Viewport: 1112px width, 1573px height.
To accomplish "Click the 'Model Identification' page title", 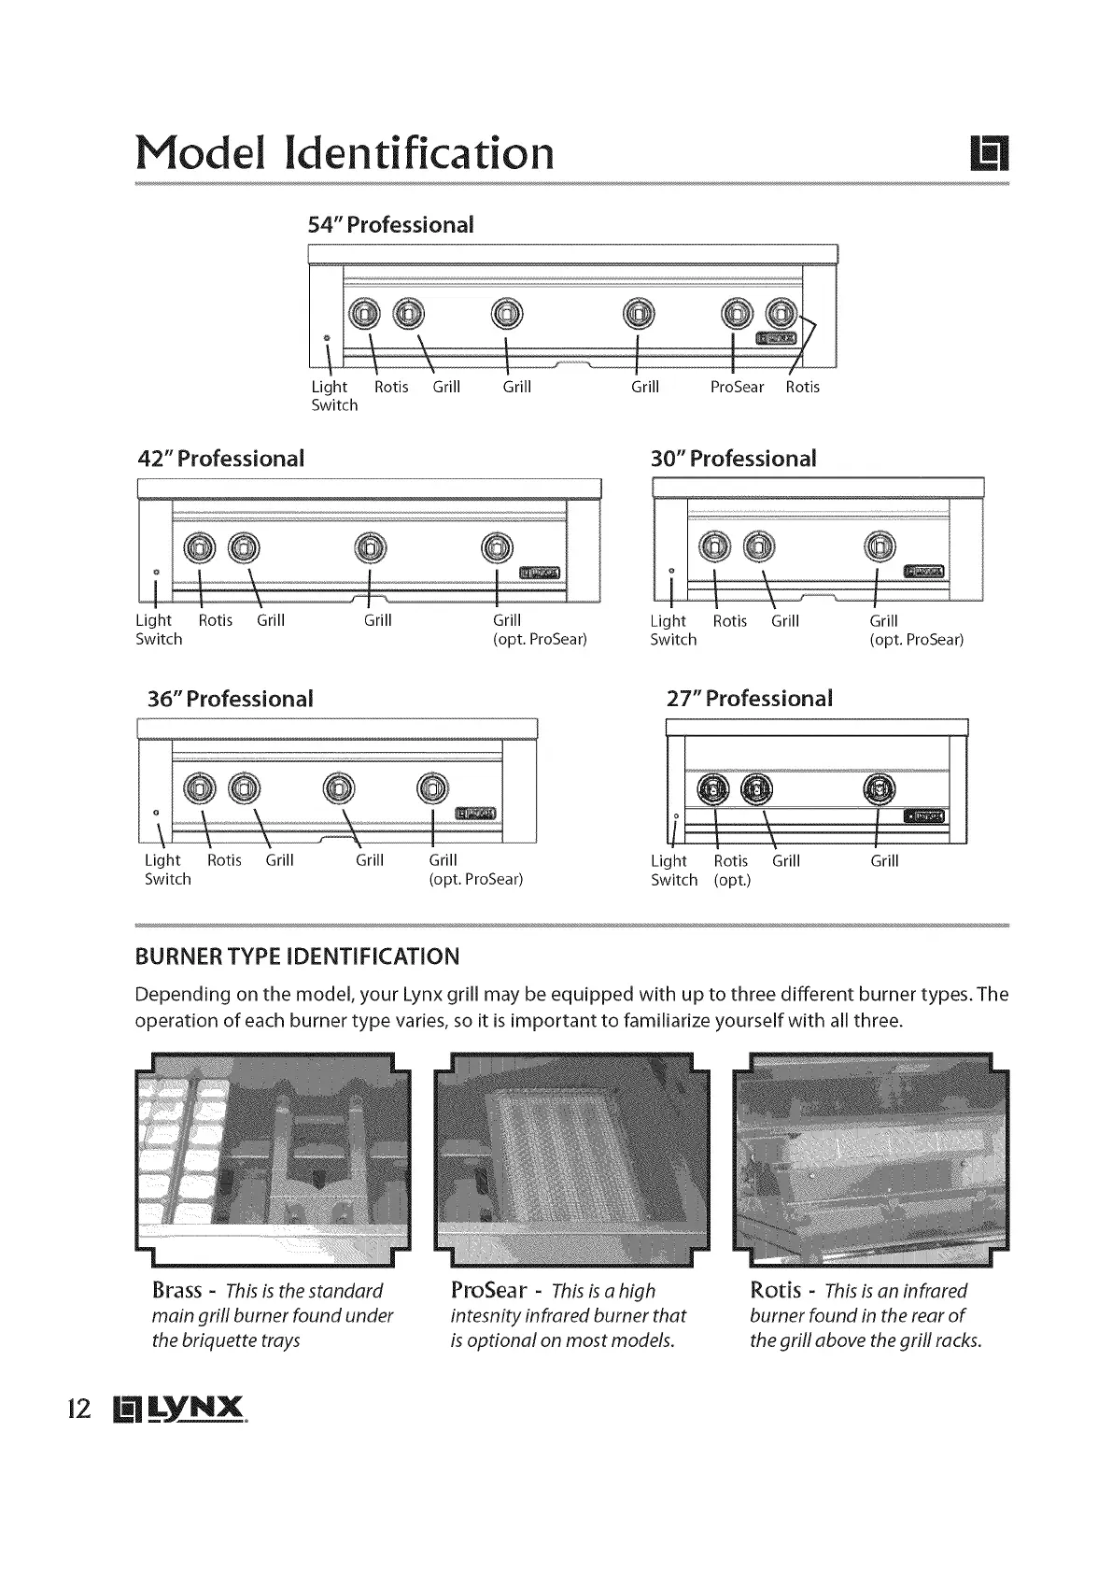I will (345, 151).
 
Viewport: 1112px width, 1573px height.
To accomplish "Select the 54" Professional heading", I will (390, 225).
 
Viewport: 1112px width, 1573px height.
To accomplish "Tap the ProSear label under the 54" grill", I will (737, 387).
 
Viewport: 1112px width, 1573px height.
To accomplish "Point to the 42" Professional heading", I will (220, 459).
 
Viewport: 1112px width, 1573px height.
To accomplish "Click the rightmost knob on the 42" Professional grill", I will (497, 548).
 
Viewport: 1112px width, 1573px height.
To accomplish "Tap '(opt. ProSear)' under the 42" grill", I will (540, 640).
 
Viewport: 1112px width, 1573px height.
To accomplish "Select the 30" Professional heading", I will (733, 459).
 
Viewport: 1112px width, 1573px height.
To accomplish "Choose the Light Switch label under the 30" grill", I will (672, 631).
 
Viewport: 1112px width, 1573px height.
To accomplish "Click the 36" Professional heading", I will (230, 699).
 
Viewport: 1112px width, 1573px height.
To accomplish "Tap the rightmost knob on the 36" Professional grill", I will (432, 789).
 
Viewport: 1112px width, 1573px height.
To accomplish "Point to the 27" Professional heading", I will (749, 699).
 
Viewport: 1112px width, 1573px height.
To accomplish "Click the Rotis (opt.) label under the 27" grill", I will (731, 871).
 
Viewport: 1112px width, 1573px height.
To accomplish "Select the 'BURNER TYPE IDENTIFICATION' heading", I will (297, 957).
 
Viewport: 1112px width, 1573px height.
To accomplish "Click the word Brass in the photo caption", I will (176, 1291).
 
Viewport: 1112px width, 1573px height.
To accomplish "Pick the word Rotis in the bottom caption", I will (775, 1291).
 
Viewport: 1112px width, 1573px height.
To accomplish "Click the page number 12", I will (79, 1409).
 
